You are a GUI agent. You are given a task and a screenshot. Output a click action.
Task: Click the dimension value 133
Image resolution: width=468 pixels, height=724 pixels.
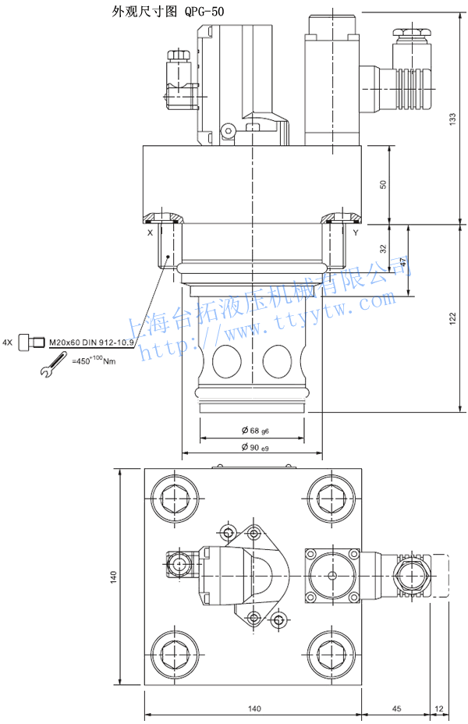point(452,118)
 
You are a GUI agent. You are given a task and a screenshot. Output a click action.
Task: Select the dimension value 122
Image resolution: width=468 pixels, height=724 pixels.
point(452,318)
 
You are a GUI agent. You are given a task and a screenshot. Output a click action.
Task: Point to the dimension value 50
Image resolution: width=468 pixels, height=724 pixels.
point(382,184)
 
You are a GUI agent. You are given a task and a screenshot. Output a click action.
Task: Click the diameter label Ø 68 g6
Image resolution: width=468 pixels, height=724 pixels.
point(254,431)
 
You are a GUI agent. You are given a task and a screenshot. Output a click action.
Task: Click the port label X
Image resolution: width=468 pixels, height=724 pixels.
point(150,232)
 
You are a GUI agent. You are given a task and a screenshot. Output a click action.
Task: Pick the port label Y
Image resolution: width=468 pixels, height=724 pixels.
point(356,232)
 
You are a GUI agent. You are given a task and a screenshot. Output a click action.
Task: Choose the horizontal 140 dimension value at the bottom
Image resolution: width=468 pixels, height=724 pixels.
point(253,708)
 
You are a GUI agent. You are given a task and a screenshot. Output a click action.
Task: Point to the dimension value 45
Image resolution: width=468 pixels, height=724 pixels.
point(395,708)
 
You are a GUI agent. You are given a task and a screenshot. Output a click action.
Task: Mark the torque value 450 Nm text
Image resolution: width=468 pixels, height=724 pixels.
point(94,361)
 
